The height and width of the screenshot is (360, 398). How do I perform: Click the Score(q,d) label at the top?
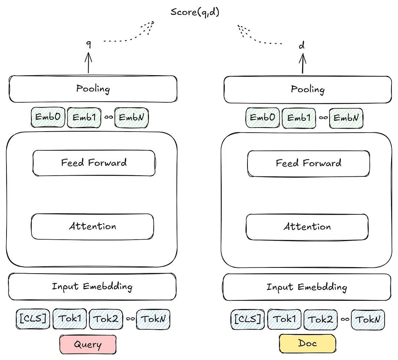[195, 12]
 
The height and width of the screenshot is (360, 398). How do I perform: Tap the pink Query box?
[88, 344]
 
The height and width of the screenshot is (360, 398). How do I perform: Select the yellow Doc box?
[308, 343]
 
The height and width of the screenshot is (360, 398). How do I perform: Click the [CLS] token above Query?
[33, 319]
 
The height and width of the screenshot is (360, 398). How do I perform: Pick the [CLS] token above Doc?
[248, 319]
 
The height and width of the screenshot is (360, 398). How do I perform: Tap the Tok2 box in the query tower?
[106, 319]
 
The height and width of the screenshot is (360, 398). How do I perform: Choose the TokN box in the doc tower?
[368, 320]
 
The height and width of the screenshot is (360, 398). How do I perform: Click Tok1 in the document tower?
[284, 319]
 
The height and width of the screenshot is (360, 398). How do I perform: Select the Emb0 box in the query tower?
[48, 117]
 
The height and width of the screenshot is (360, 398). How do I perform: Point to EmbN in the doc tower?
[346, 118]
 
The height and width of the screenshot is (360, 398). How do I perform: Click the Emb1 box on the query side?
[84, 117]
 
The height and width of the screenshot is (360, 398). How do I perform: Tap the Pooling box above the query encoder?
[93, 89]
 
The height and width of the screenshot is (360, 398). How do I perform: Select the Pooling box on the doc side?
[308, 90]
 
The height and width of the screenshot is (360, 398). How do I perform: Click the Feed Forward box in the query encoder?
[94, 163]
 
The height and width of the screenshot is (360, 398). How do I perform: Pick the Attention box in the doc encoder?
[307, 227]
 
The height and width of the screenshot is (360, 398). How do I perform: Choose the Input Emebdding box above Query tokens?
[92, 287]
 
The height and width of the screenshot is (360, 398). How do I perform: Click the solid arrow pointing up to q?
[88, 63]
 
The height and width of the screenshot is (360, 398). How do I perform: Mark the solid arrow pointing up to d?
[302, 64]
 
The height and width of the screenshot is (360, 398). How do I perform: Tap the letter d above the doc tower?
[301, 46]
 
